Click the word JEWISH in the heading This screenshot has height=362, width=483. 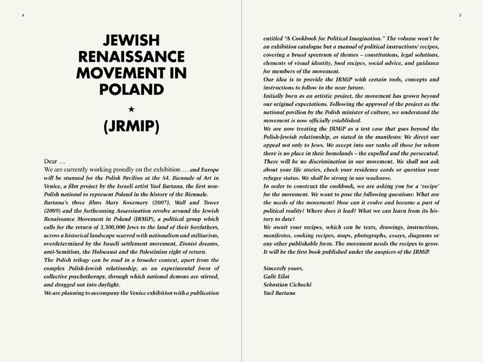[132, 39]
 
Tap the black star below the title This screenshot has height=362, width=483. [131, 107]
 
